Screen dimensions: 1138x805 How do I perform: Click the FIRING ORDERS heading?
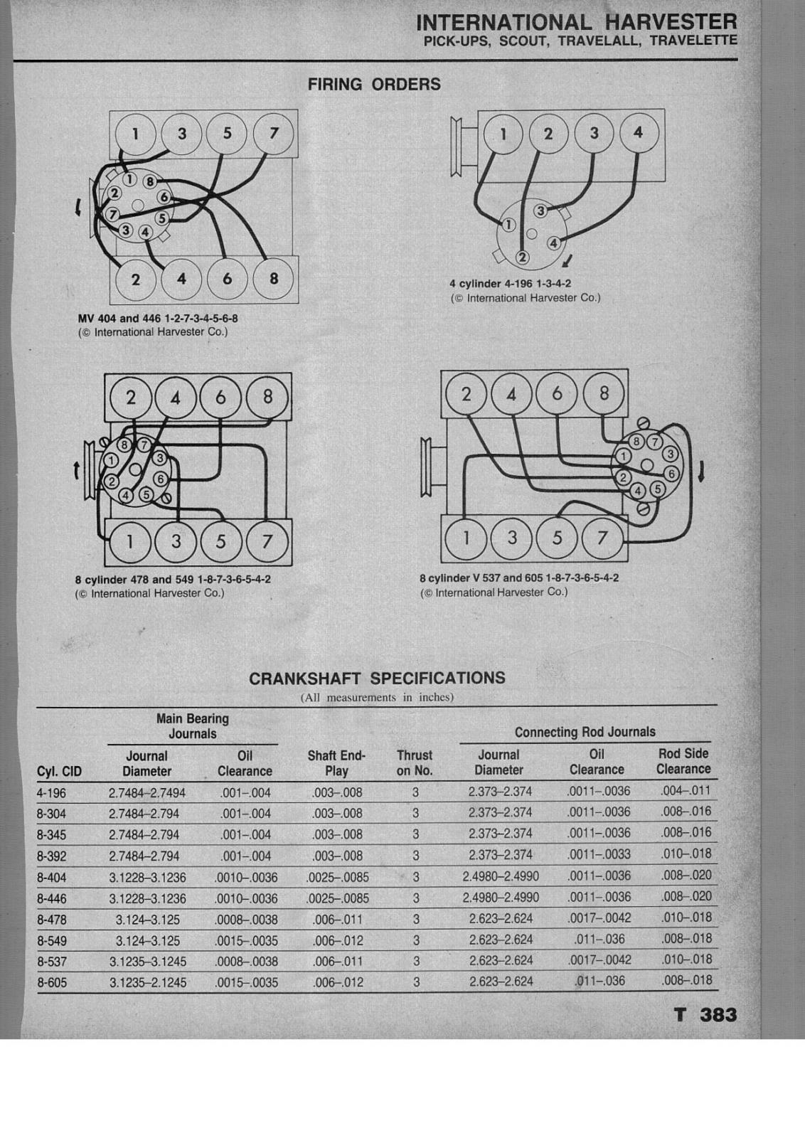[374, 85]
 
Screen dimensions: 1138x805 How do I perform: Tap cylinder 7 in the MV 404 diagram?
[274, 133]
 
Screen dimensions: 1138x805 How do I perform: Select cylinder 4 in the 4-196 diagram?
[638, 132]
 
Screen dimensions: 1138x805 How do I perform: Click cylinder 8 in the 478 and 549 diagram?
[267, 396]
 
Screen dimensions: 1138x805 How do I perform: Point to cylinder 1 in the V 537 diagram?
[467, 538]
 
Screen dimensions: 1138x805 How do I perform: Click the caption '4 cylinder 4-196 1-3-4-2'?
[510, 284]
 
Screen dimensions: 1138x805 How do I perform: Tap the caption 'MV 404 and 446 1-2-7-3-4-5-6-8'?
[158, 319]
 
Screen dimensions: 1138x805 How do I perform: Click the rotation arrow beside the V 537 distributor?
[701, 470]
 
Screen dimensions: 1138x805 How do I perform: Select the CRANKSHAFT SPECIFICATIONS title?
[377, 679]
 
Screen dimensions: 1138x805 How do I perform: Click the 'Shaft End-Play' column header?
[336, 763]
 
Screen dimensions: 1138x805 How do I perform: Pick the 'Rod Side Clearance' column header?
[683, 761]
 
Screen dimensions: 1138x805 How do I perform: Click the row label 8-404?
[52, 878]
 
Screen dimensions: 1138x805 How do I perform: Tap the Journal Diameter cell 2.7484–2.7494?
[146, 792]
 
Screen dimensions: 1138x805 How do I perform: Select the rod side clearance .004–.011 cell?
[686, 790]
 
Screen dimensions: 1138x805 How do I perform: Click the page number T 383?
[705, 1015]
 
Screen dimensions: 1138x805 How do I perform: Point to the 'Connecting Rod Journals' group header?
[585, 732]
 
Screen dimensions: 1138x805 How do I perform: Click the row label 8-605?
[52, 983]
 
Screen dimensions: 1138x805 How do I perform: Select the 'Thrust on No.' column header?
[415, 763]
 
